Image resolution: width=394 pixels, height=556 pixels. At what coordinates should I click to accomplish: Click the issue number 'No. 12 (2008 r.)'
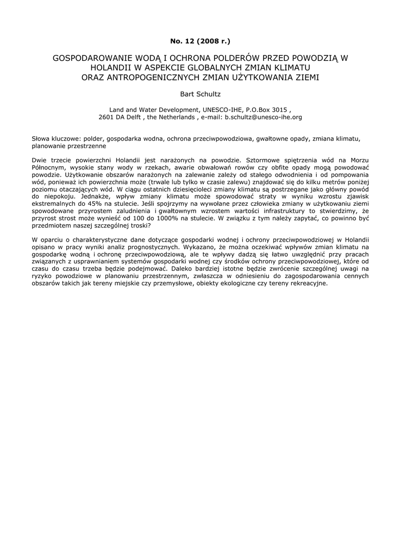pos(197,41)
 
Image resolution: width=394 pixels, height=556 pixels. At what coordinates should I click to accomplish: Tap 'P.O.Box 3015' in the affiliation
pos(261,109)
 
